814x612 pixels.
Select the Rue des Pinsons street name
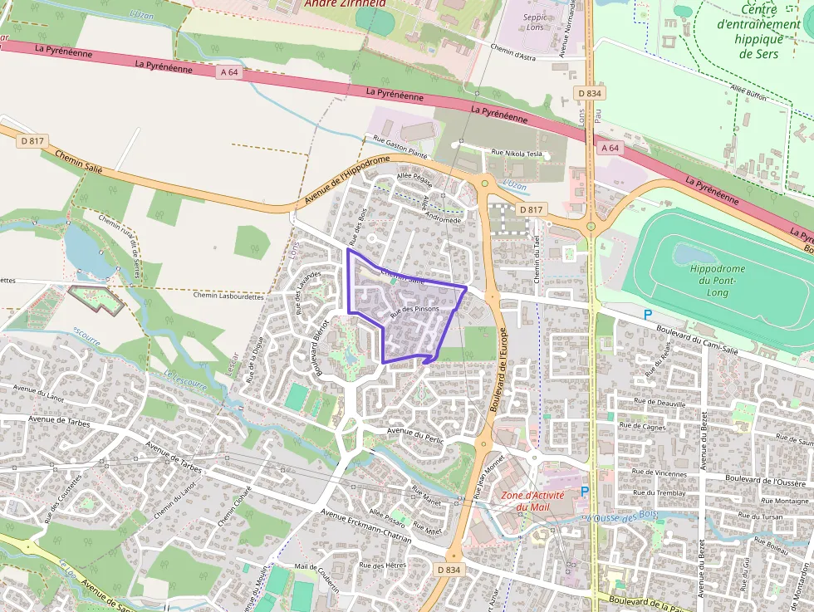point(414,309)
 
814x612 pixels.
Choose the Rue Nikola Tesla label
point(517,153)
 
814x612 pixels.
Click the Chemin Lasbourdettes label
point(228,296)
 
